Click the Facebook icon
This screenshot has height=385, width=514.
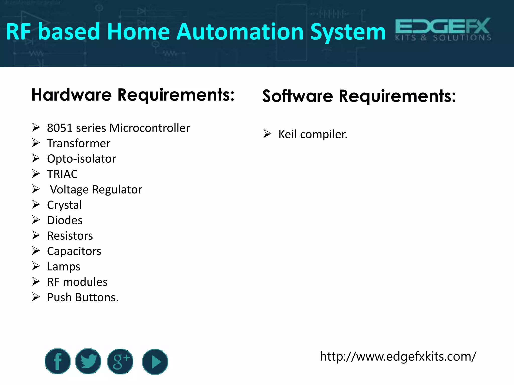point(57,361)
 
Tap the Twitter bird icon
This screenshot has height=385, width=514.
point(88,361)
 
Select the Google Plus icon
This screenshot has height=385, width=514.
point(120,361)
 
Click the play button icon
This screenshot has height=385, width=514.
point(155,362)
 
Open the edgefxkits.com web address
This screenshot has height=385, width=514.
point(398,356)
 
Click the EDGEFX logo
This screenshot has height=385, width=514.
point(443,29)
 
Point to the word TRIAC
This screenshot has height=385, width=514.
point(62,174)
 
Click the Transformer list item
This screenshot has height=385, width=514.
point(79,143)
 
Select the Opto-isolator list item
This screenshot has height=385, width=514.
point(82,159)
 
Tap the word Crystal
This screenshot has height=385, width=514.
point(65,205)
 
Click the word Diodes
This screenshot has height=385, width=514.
point(65,220)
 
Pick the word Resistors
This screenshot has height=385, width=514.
point(70,236)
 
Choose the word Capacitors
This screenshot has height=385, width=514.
point(74,251)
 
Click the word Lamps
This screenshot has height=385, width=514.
point(64,267)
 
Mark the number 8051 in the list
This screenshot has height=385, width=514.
point(60,128)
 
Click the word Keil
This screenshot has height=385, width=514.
point(288,134)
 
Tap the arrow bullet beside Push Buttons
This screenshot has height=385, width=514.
point(36,297)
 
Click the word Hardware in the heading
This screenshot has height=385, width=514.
point(72,95)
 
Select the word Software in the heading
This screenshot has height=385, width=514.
point(298,96)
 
